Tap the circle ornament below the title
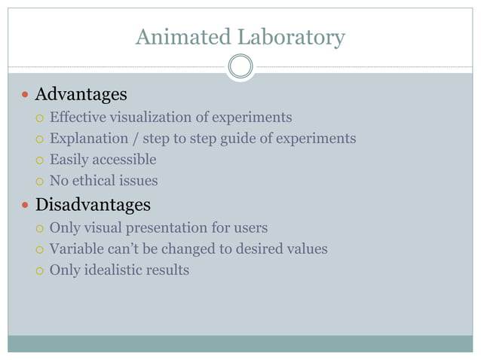point(240,66)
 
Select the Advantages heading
point(81,95)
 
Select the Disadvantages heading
point(93,205)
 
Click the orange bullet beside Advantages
point(26,96)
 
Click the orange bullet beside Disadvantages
point(26,206)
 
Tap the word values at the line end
point(307,249)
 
